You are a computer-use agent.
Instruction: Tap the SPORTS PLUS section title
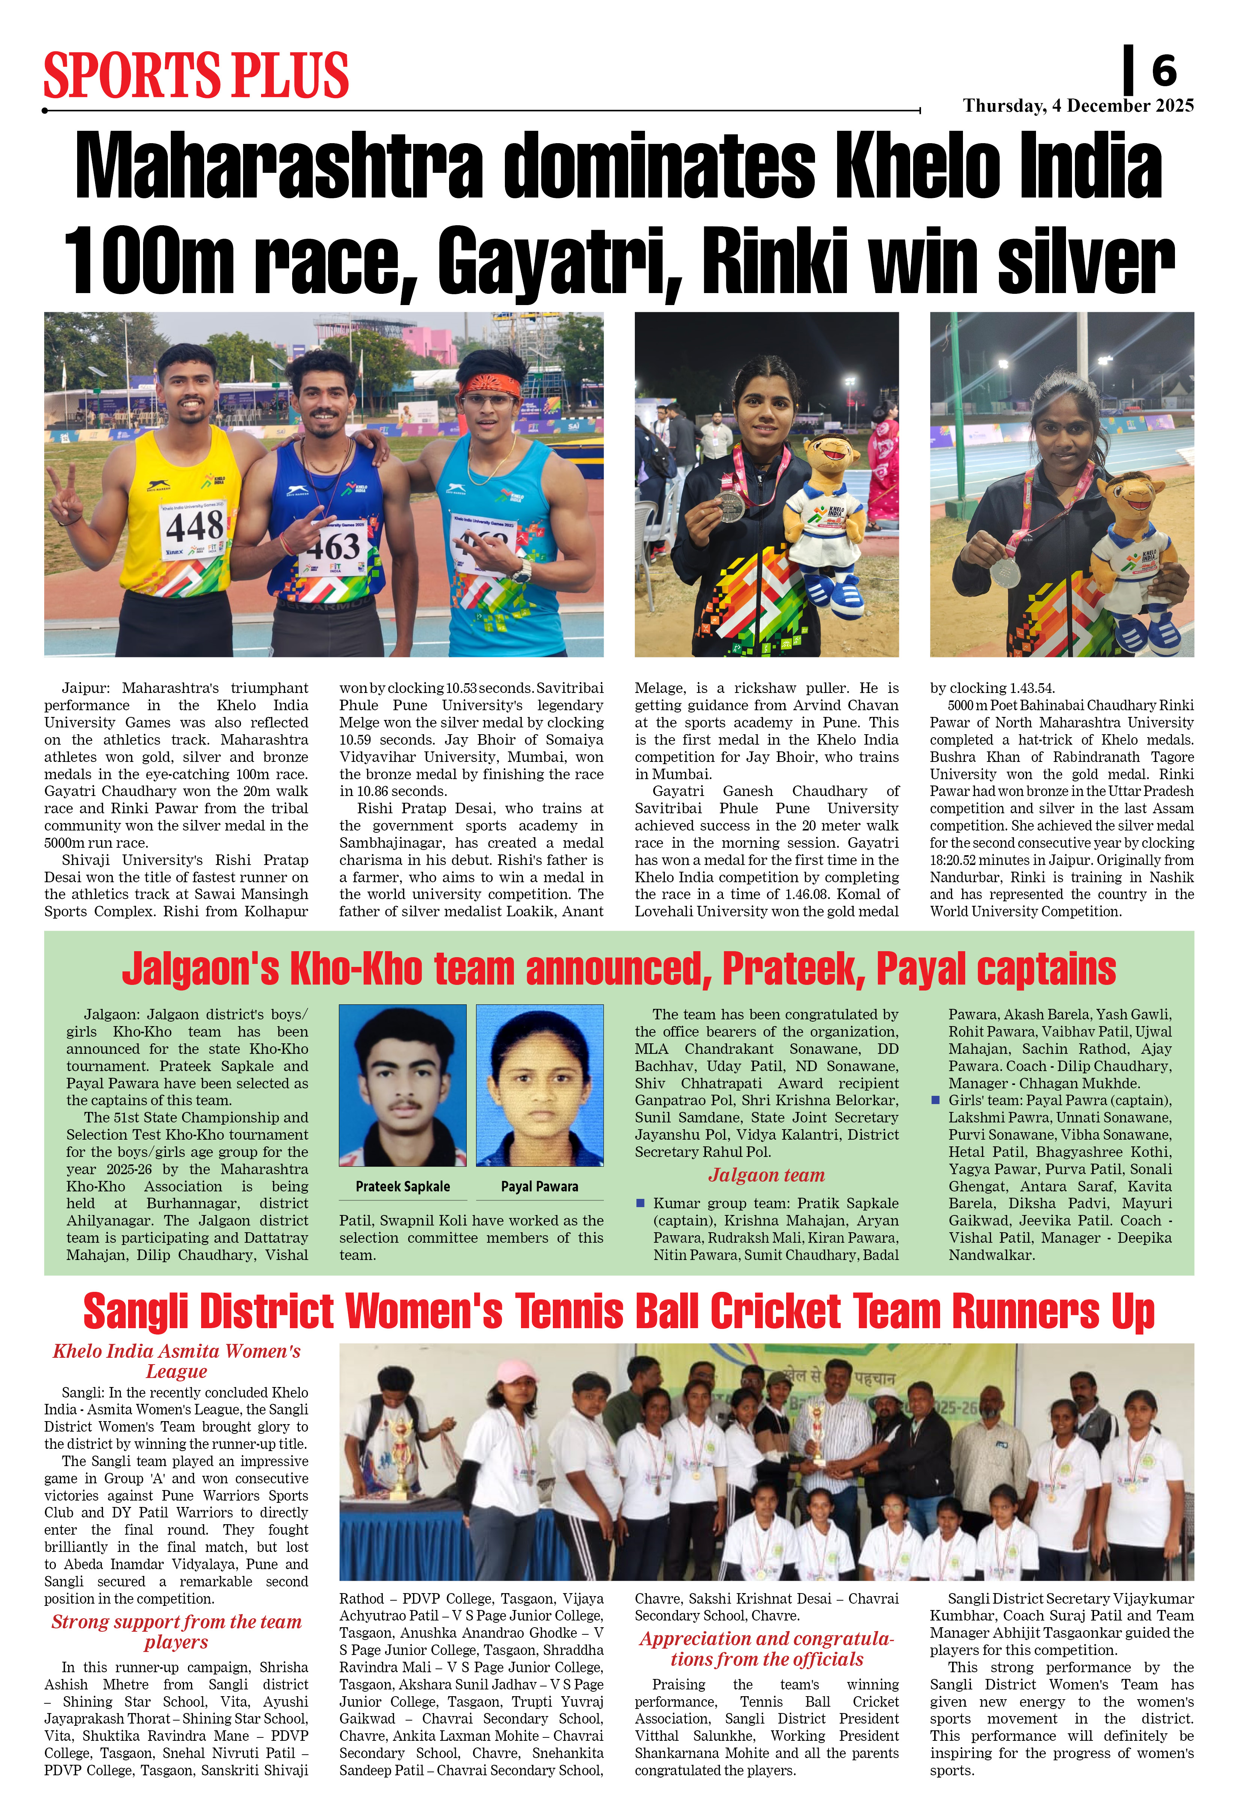click(x=196, y=76)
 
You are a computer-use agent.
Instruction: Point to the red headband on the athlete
click(x=490, y=386)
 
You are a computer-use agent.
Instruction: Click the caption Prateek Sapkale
click(x=403, y=1186)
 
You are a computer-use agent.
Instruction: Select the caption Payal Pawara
click(x=539, y=1186)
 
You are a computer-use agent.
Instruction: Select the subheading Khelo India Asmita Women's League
click(x=176, y=1361)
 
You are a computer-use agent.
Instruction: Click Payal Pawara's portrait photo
click(x=539, y=1085)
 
